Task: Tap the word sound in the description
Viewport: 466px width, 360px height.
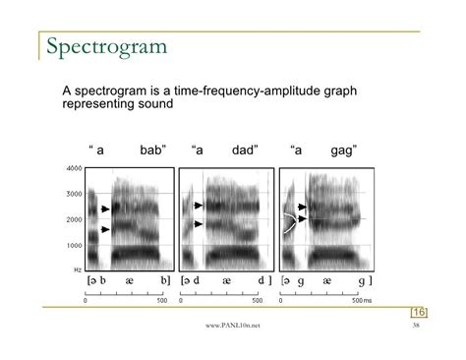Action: point(157,104)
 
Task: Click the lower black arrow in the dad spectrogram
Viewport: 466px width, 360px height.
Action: point(197,224)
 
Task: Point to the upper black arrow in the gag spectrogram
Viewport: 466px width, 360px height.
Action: point(303,208)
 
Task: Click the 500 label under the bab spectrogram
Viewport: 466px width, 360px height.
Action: point(163,300)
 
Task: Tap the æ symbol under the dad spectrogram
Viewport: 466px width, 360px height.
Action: point(226,280)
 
